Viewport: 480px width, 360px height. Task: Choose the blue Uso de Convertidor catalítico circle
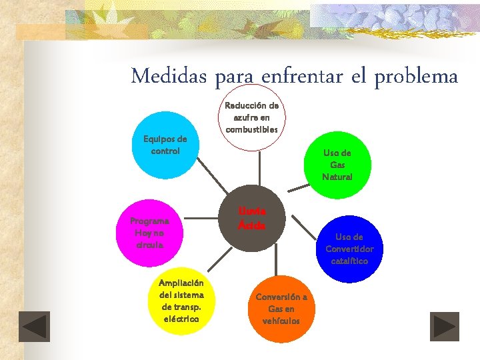coord(349,249)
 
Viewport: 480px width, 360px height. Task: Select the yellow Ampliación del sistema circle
coord(181,301)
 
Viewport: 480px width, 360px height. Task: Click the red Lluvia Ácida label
coord(252,218)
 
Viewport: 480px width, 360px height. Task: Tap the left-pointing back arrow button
coord(34,327)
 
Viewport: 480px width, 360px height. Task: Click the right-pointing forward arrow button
coord(444,327)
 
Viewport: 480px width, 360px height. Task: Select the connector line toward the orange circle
coord(275,259)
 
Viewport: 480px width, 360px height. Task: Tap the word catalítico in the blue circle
coord(349,261)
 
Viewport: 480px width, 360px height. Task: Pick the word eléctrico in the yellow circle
coord(181,319)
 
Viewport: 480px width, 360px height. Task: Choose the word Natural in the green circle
coord(337,177)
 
